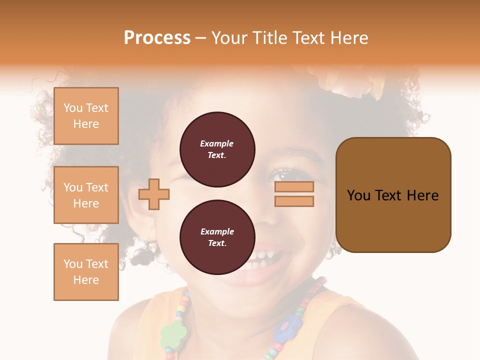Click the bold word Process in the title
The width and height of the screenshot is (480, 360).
[x=157, y=38]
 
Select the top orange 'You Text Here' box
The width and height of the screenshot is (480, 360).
[x=86, y=116]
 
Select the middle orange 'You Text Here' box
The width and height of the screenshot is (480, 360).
[x=86, y=195]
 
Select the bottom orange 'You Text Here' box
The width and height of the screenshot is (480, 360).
[x=86, y=272]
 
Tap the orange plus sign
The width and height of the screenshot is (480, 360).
[x=154, y=194]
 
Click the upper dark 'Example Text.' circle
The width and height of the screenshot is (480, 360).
[x=217, y=149]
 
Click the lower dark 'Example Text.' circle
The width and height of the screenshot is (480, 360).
[x=217, y=237]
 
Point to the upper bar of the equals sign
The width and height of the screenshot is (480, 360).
[x=294, y=187]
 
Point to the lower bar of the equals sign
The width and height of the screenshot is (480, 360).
[x=294, y=201]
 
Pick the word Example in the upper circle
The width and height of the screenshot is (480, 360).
[x=216, y=143]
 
